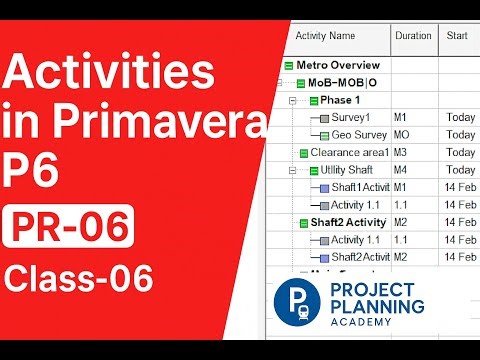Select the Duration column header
[x=412, y=36]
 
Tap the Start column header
[x=457, y=36]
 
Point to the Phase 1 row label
[x=341, y=100]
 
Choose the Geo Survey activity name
[x=359, y=134]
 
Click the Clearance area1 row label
[x=348, y=153]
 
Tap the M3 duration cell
[x=401, y=153]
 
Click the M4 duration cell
[x=401, y=170]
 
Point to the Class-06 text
[x=78, y=278]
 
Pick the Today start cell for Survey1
[x=461, y=117]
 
